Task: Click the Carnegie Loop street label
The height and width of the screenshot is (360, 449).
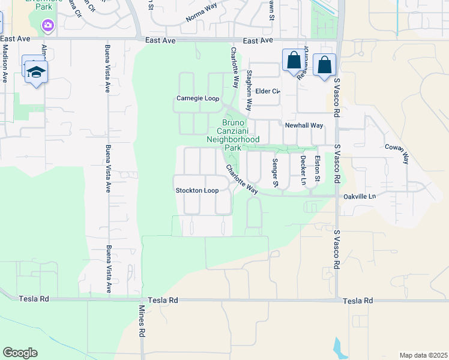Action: [197, 98]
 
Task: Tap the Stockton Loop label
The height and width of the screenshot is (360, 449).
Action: [196, 191]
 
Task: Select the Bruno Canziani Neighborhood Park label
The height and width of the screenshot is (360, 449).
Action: [233, 134]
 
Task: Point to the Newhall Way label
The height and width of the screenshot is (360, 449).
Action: [304, 125]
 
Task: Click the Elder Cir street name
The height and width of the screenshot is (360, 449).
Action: [268, 91]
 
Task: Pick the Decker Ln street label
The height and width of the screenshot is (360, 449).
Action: [303, 170]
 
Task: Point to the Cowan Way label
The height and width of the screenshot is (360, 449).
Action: [397, 154]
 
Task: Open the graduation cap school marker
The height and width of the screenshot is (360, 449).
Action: [36, 71]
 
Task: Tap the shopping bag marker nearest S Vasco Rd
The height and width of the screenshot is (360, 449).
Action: [324, 65]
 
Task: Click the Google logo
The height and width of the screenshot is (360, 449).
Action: [20, 353]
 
